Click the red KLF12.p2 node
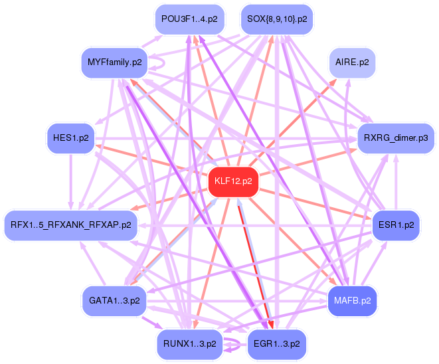point(233,181)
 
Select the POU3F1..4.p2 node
point(189,19)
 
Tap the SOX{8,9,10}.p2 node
point(276,19)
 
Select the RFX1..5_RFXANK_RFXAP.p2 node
point(70,225)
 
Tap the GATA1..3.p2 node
point(114,300)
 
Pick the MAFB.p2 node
point(352,300)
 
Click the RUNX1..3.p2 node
point(189,343)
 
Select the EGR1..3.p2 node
point(276,343)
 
